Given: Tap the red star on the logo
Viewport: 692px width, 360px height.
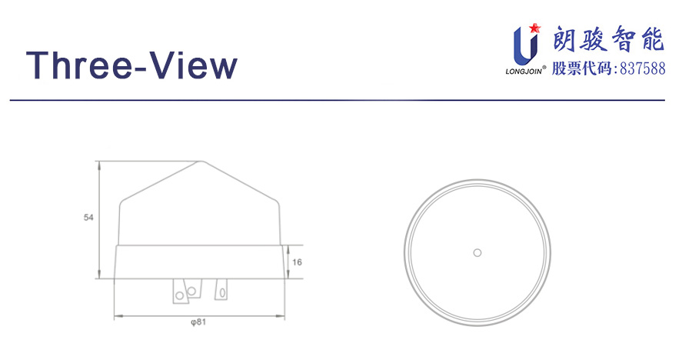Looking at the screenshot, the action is tap(534, 28).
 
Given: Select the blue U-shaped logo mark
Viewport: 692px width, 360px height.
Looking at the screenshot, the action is tap(525, 45).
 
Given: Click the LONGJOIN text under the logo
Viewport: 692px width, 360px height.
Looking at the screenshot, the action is tap(524, 70).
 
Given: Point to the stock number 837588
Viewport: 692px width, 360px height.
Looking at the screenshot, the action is tap(643, 69).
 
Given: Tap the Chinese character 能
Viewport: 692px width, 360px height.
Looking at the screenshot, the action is tap(651, 39).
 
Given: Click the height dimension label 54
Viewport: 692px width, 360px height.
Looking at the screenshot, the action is tap(88, 218).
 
